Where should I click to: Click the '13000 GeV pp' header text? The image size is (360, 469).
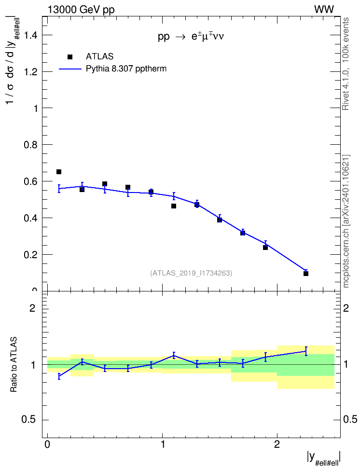point(81,10)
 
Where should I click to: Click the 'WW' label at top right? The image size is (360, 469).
point(324,10)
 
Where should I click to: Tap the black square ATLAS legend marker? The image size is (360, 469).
point(69,57)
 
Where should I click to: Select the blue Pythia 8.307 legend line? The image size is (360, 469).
point(70,69)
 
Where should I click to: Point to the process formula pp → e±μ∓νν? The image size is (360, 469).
point(191,36)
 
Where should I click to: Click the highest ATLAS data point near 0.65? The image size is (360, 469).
point(59,172)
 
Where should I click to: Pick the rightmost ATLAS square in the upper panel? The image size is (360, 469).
point(306,274)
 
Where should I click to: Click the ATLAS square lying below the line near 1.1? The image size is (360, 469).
point(174,206)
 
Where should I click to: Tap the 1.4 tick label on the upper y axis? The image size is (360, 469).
point(31,36)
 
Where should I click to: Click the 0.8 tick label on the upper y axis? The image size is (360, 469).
point(31,145)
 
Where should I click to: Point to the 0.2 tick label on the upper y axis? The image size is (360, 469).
point(31,255)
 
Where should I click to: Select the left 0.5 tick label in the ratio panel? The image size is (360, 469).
point(29,420)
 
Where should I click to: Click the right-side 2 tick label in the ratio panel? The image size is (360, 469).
point(346,308)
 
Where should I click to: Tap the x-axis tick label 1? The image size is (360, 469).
point(163,444)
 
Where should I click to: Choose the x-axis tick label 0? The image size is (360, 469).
point(47,444)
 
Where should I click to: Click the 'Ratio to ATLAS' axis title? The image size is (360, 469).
point(14,365)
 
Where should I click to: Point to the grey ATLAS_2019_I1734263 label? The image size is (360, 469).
point(191,273)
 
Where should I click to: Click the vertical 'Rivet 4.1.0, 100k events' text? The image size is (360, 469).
point(346,64)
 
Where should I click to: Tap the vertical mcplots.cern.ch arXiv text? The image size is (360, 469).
point(346,221)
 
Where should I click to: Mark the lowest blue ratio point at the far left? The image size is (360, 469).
point(59,376)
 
